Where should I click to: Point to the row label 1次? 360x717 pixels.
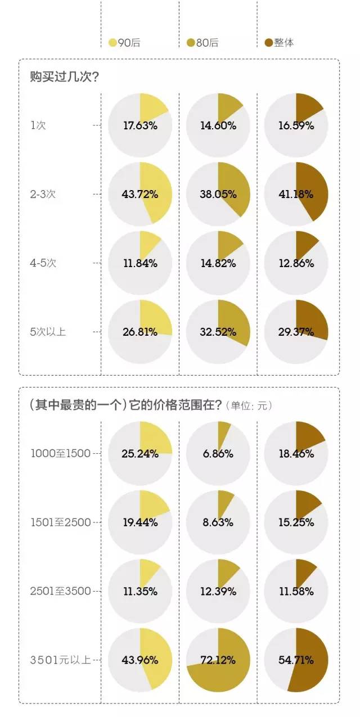(39, 125)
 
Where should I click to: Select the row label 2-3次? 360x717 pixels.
(43, 195)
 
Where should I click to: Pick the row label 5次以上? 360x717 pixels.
(48, 332)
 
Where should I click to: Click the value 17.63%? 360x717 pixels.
(140, 125)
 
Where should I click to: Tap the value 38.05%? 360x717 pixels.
(218, 195)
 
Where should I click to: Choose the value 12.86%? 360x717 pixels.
(296, 263)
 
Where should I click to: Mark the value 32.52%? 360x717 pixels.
(218, 332)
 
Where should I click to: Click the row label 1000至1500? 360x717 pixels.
(61, 453)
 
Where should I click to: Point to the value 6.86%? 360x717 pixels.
(218, 453)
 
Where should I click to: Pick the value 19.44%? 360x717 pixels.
(140, 522)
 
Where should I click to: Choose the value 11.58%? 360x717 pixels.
(296, 591)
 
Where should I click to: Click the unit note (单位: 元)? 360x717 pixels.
(247, 405)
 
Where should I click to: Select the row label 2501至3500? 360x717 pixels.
(61, 591)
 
